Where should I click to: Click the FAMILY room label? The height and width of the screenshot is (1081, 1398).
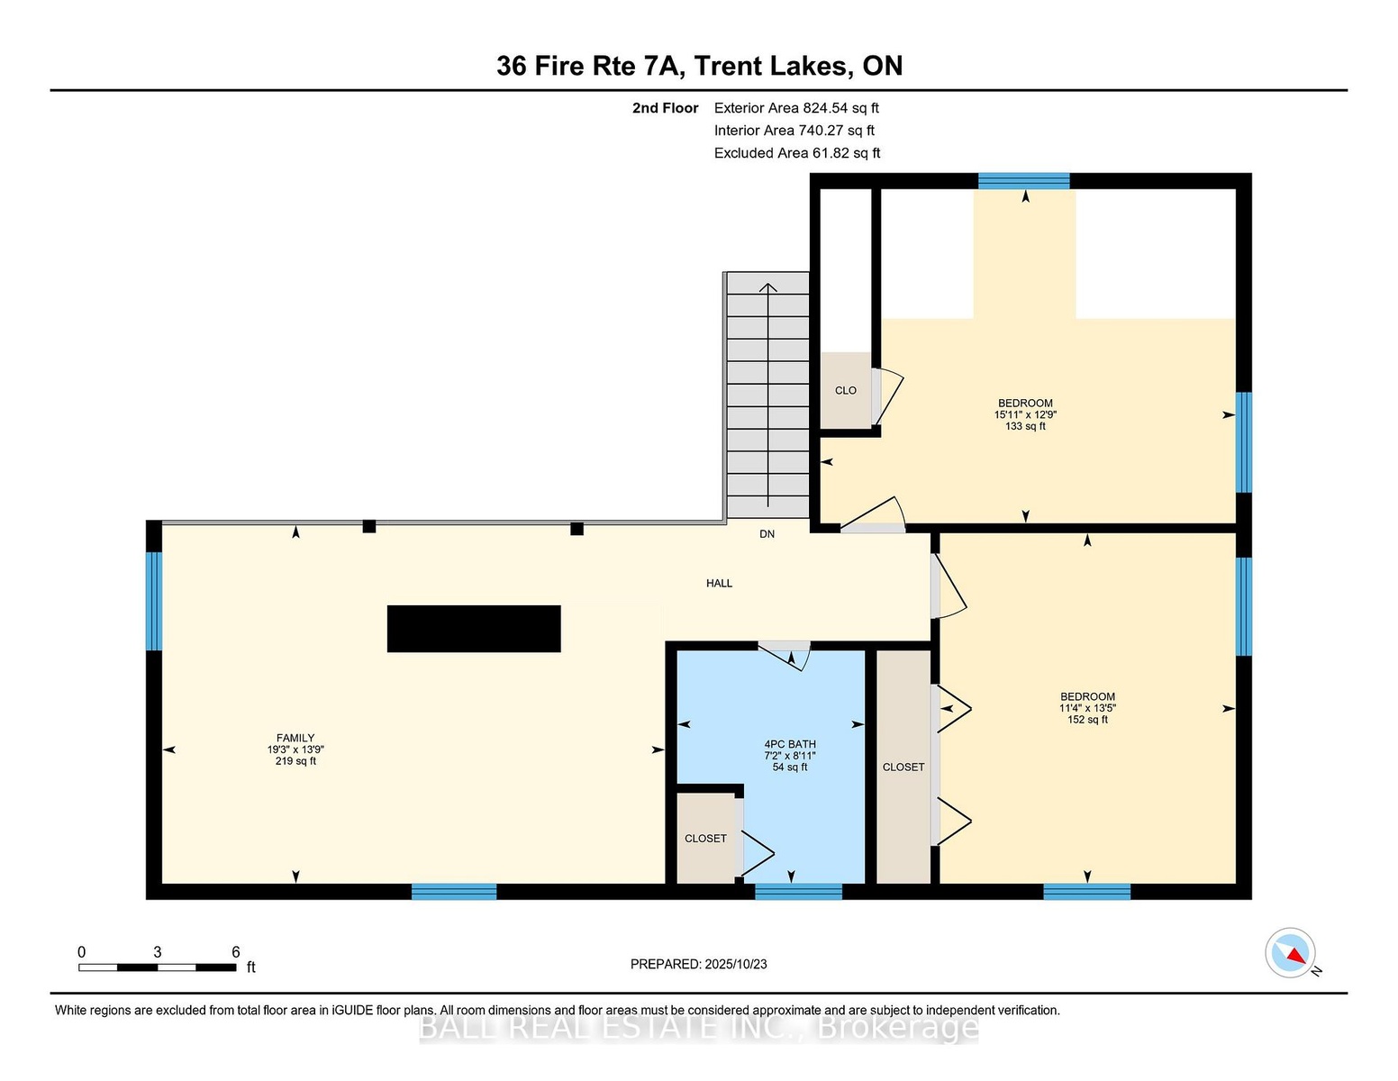pyautogui.click(x=295, y=738)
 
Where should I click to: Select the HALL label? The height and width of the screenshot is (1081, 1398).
pyautogui.click(x=719, y=583)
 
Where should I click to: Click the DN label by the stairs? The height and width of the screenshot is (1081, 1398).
pyautogui.click(x=767, y=534)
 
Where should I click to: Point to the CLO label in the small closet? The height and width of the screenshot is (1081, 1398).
pyautogui.click(x=845, y=390)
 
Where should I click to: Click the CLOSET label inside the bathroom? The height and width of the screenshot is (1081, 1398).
pyautogui.click(x=705, y=839)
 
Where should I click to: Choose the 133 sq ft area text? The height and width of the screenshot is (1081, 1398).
pyautogui.click(x=1025, y=426)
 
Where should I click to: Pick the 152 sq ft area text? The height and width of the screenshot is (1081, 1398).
pyautogui.click(x=1087, y=720)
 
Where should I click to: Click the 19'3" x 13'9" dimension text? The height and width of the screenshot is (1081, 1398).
pyautogui.click(x=295, y=749)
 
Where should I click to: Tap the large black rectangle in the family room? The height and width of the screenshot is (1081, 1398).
pyautogui.click(x=474, y=628)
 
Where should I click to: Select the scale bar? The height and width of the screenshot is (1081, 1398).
pyautogui.click(x=158, y=967)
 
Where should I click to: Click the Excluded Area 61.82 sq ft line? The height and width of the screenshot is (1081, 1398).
pyautogui.click(x=797, y=153)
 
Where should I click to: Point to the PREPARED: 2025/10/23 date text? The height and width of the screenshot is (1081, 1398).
pyautogui.click(x=699, y=964)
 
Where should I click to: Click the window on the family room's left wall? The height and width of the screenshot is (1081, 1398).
pyautogui.click(x=154, y=601)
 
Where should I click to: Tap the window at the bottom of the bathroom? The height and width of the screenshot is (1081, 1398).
pyautogui.click(x=798, y=891)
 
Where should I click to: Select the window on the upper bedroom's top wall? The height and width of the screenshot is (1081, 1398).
pyautogui.click(x=1023, y=181)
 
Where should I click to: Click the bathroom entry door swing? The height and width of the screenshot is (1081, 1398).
pyautogui.click(x=785, y=656)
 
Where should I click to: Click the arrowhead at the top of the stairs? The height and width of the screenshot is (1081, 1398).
pyautogui.click(x=767, y=287)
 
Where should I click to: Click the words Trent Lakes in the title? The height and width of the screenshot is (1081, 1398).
pyautogui.click(x=771, y=66)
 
